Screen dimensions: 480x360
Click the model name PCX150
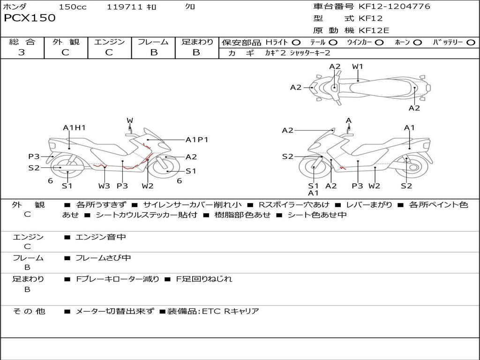tap(30, 18)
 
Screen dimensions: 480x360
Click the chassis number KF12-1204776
tap(394, 7)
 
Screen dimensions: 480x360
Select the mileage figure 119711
tap(124, 7)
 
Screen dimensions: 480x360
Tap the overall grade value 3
tap(22, 52)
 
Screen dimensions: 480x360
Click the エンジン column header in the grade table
tap(109, 42)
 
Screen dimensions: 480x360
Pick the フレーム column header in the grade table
tap(153, 42)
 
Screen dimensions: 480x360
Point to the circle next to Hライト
tap(296, 43)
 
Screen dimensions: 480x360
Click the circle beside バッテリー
tap(471, 43)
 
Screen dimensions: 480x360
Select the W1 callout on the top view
tap(358, 67)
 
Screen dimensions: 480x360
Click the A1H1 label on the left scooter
tap(74, 127)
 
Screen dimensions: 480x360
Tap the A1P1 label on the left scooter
tap(197, 140)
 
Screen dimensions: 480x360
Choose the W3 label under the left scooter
tap(104, 186)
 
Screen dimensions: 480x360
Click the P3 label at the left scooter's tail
tap(34, 157)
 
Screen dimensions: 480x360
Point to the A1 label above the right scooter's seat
tap(409, 127)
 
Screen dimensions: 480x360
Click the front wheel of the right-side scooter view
tap(314, 167)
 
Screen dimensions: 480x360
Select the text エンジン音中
tap(101, 237)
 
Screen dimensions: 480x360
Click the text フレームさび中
tap(103, 258)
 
